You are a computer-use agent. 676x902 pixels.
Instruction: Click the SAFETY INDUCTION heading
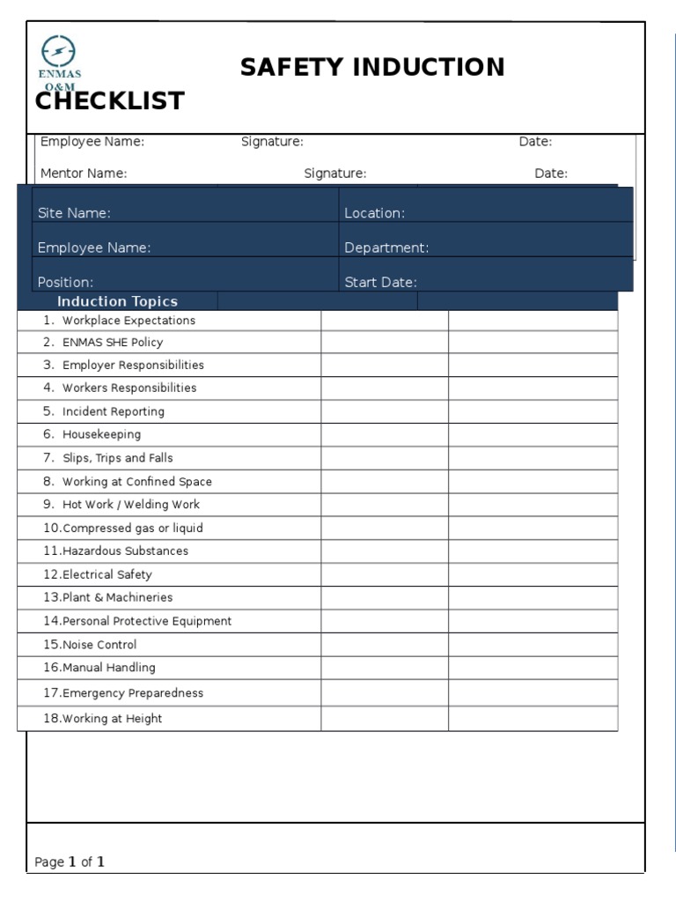[372, 67]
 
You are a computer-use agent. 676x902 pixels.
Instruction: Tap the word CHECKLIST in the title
[110, 101]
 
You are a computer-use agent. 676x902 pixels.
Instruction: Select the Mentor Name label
[84, 174]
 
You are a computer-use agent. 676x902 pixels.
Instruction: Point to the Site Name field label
[75, 213]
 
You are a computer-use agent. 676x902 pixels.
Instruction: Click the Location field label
[374, 213]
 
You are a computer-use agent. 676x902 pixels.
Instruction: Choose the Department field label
[386, 248]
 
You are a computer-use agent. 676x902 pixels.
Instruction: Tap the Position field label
[65, 283]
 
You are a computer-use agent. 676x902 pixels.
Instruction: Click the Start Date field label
[380, 283]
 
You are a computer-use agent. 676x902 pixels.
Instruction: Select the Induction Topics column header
[117, 301]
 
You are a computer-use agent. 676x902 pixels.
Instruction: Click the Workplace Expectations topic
[129, 321]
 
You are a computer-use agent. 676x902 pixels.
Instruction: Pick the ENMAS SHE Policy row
[112, 343]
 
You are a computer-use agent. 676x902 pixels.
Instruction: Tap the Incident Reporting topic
[113, 411]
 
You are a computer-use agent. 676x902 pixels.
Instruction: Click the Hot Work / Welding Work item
[130, 505]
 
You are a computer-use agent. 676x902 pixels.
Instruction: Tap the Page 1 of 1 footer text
[70, 862]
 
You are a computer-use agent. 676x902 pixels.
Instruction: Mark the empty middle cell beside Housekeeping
[385, 435]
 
